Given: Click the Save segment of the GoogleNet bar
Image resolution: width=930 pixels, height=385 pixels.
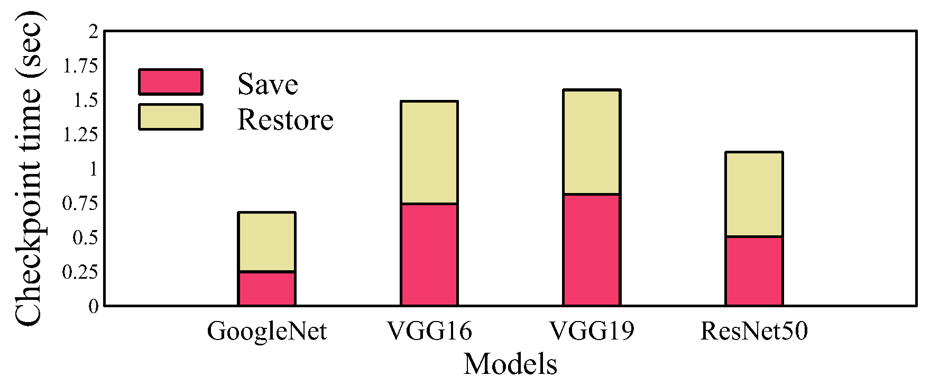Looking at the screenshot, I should (267, 289).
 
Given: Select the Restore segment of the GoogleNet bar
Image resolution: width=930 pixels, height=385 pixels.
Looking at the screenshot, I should (267, 242).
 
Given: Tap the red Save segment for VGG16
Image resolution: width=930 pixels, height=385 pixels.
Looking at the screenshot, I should (429, 254).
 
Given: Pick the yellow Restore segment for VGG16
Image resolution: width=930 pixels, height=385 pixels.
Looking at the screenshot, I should (429, 152).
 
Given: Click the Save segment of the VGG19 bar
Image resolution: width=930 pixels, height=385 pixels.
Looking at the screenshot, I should (592, 250).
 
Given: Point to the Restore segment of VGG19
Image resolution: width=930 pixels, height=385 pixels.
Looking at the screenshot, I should (592, 142).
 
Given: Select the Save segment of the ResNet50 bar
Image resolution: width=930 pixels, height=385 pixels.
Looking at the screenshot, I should (754, 271).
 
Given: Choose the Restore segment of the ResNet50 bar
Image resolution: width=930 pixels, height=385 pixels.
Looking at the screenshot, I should (754, 194).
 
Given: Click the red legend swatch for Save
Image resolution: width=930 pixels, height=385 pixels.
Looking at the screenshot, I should (170, 82).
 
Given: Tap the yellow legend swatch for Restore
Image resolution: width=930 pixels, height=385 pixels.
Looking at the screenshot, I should (170, 117).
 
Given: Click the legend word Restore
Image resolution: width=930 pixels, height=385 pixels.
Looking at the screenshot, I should (285, 120).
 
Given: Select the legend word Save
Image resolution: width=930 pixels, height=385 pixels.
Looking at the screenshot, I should (268, 85).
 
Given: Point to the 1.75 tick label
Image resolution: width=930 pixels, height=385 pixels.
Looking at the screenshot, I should (80, 66).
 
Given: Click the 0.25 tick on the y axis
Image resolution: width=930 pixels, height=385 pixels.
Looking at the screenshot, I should (80, 272).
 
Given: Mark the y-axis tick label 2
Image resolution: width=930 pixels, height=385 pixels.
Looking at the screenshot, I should (94, 32).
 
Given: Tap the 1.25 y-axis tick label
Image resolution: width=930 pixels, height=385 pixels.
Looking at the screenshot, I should (80, 135).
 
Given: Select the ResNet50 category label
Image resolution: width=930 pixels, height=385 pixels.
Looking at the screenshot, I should (754, 332).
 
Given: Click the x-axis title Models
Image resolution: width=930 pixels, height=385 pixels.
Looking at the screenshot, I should (510, 364).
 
